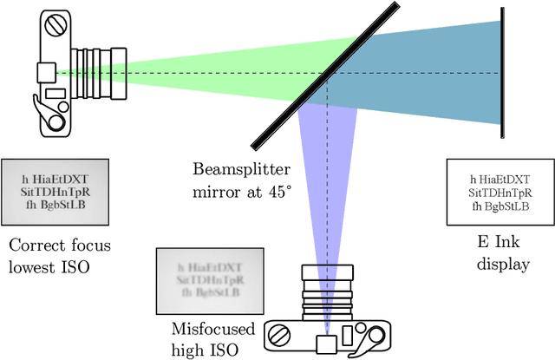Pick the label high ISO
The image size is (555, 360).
[208, 349]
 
